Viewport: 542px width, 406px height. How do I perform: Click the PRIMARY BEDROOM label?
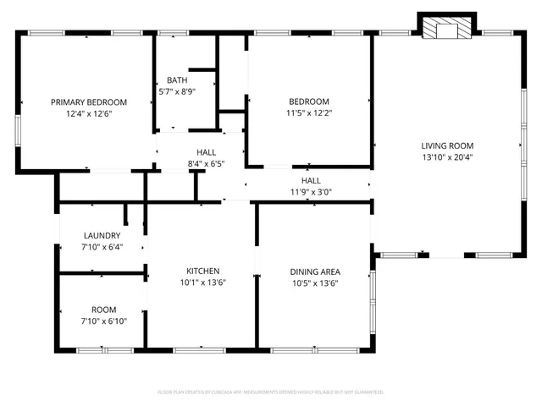(88, 101)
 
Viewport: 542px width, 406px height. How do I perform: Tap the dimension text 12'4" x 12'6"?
(88, 112)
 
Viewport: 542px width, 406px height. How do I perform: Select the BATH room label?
(177, 80)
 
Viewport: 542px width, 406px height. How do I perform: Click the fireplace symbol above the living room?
(440, 29)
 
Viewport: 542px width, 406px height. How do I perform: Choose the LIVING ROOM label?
(448, 145)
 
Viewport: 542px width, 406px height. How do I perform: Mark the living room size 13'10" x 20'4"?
(448, 156)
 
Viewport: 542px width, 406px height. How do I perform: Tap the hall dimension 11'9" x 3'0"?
(311, 191)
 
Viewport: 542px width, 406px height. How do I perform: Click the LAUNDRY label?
(102, 235)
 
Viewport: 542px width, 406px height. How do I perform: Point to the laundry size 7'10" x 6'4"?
(102, 247)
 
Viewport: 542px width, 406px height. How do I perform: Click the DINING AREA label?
(315, 272)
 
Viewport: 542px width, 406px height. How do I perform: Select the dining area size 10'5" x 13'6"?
(315, 283)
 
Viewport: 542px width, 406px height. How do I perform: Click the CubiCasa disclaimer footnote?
(271, 392)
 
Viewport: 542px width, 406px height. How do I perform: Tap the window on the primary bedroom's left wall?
(18, 128)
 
